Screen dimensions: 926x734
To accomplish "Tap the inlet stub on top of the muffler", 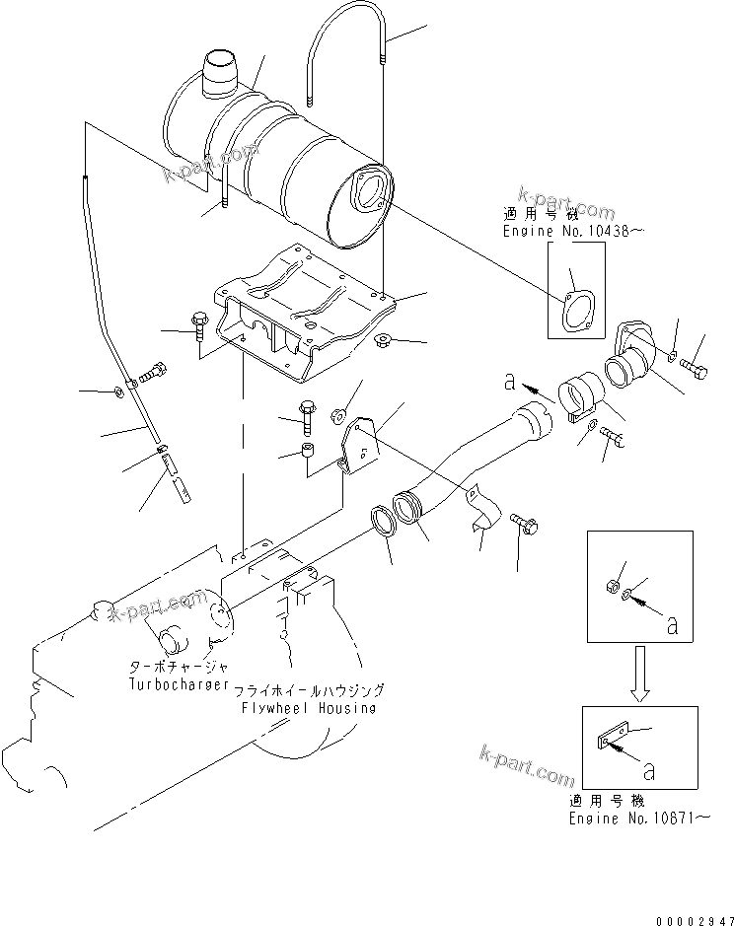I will (x=222, y=74).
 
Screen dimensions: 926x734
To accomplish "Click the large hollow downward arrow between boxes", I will (x=640, y=675).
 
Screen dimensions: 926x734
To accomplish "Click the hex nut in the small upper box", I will (x=611, y=588).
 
